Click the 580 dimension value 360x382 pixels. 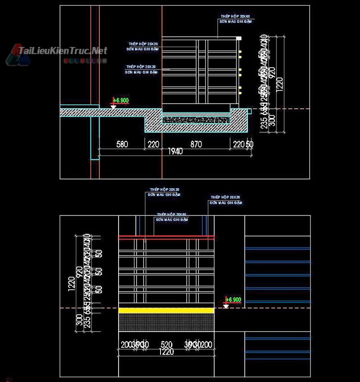click(x=122, y=144)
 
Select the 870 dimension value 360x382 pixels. click(x=196, y=144)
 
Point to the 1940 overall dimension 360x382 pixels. click(x=175, y=151)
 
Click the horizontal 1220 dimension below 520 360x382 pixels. click(x=166, y=352)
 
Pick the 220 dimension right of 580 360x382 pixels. click(x=153, y=144)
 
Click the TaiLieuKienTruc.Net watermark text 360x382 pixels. click(x=63, y=51)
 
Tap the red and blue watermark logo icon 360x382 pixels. click(x=17, y=55)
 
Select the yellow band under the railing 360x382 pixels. click(x=166, y=311)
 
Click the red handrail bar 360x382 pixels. click(x=166, y=237)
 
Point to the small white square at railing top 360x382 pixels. click(x=239, y=38)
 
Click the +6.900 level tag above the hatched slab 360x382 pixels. click(x=121, y=100)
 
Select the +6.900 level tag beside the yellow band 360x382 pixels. click(x=233, y=300)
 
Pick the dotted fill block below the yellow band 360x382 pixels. click(x=166, y=322)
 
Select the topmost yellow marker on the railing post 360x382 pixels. click(x=240, y=53)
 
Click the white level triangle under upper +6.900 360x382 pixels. click(x=114, y=107)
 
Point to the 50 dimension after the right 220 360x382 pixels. click(x=250, y=144)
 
